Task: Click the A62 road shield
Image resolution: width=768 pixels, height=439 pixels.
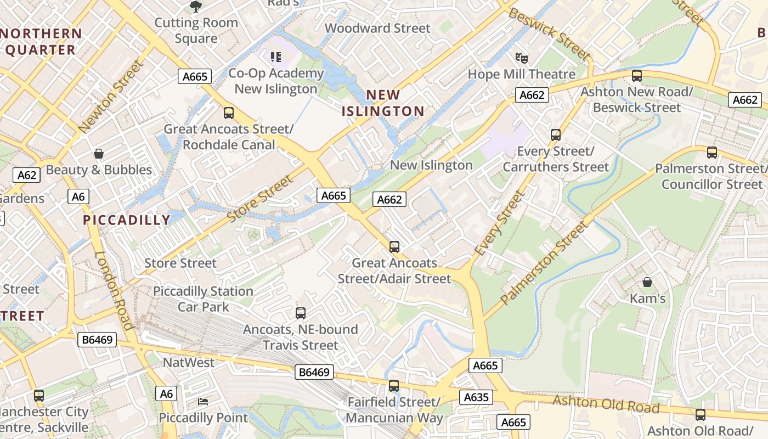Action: (x=27, y=175)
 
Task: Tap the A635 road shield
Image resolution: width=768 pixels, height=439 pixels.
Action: (x=476, y=397)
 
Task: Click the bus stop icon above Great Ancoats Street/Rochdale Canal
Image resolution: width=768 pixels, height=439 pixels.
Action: (x=229, y=113)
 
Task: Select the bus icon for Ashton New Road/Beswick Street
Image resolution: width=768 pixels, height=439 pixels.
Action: (x=637, y=76)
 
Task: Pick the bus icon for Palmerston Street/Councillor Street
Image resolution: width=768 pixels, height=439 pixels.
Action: (x=711, y=153)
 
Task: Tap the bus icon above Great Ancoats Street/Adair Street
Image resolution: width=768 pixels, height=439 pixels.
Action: (x=394, y=247)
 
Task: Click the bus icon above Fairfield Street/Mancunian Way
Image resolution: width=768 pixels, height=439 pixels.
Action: (x=393, y=386)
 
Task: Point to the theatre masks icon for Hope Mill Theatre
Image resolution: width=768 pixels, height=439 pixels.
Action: (x=521, y=58)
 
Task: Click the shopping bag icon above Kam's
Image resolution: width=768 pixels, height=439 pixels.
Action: (x=647, y=283)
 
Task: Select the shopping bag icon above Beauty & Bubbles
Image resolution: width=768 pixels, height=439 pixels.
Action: (x=99, y=154)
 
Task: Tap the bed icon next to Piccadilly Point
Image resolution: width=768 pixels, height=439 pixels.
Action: (x=203, y=402)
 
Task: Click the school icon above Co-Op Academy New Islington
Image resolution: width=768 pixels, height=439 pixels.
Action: (x=276, y=57)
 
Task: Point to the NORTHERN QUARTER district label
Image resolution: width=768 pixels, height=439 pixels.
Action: (x=42, y=42)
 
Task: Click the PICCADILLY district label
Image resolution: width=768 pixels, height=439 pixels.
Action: (x=127, y=220)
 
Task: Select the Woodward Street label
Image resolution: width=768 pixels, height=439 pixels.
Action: (x=377, y=28)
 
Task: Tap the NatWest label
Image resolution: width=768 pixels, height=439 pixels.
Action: (x=189, y=363)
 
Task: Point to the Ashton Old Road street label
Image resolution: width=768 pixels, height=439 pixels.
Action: (x=606, y=404)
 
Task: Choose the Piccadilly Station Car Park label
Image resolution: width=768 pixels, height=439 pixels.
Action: (x=203, y=299)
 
